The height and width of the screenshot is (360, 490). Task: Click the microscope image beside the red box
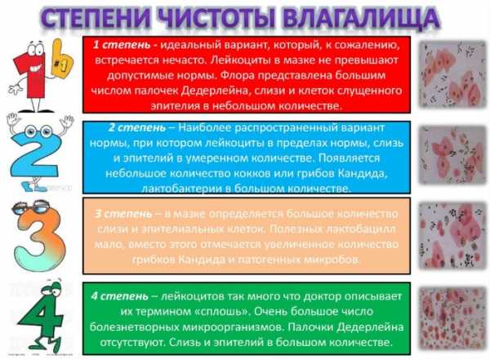click(x=450, y=75)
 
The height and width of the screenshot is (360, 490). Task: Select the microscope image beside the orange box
click(x=450, y=238)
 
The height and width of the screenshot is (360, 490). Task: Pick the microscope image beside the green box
click(x=450, y=319)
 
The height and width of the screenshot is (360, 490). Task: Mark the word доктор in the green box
click(x=336, y=295)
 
